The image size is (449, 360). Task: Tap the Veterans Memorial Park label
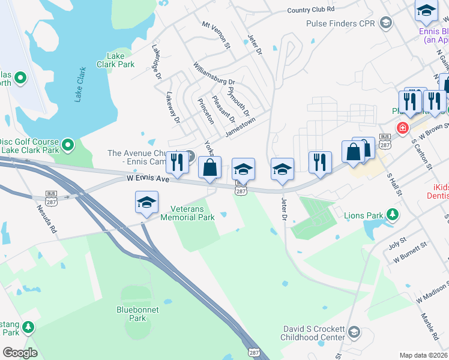tap(188, 213)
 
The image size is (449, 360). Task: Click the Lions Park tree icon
tap(393, 214)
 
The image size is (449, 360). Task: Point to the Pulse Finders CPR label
tap(340, 24)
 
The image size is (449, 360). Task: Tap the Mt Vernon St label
tap(216, 35)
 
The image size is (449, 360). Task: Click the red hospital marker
tap(402, 128)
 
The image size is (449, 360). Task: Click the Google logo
tap(20, 353)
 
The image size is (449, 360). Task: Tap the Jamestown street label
tap(240, 126)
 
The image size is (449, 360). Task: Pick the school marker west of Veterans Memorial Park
tap(146, 203)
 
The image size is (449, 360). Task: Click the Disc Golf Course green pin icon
tap(68, 144)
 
